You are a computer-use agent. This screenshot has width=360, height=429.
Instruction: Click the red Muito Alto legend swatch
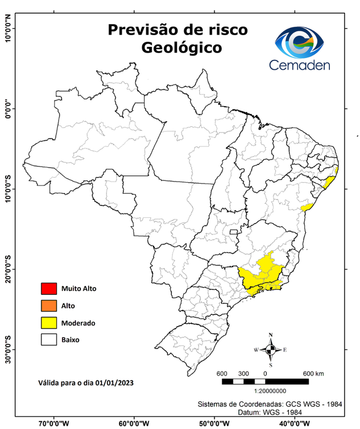49,289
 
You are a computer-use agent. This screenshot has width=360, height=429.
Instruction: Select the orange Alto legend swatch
49,306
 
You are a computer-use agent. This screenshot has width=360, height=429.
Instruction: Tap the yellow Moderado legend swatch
49,322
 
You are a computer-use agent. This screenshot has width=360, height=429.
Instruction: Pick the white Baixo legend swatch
49,339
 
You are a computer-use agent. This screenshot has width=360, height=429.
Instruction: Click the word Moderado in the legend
78,323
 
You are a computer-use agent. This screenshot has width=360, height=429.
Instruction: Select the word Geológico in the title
181,49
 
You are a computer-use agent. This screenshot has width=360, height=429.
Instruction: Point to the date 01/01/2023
116,383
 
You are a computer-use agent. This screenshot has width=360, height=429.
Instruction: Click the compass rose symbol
271,350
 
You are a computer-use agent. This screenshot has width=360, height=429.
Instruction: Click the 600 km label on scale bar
313,373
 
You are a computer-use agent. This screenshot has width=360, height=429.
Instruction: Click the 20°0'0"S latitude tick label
8,269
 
